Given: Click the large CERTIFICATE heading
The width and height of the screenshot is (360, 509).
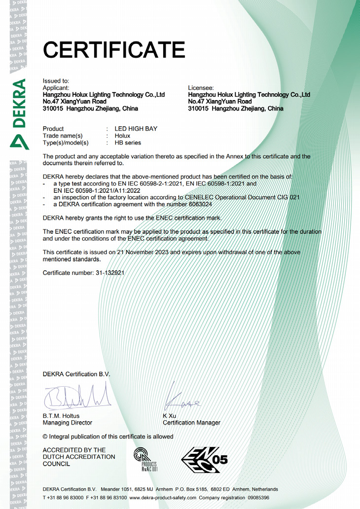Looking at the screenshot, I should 114,49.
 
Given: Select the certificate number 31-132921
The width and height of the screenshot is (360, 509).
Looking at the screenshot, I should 107,272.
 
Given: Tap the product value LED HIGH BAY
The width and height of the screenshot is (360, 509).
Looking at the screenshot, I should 136,129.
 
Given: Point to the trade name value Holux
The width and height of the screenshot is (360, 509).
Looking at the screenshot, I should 122,136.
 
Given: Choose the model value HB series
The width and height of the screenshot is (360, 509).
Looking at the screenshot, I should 128,143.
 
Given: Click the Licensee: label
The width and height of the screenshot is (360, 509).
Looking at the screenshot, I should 201,87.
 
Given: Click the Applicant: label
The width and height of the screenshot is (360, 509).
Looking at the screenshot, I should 56,87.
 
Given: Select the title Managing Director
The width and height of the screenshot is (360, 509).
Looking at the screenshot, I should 68,423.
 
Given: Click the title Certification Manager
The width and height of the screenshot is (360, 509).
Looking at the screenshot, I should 191,423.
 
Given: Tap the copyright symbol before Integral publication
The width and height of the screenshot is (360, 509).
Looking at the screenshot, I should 45,436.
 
